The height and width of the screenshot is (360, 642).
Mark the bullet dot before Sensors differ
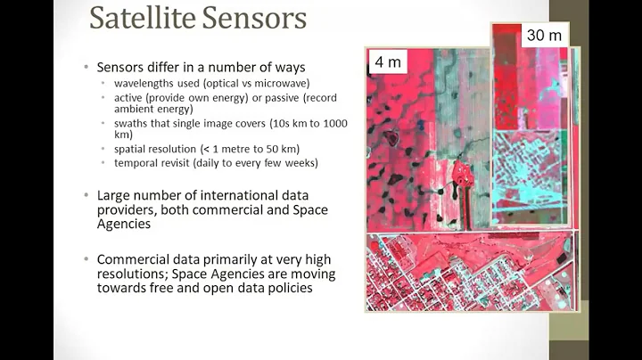pyautogui.click(x=86, y=68)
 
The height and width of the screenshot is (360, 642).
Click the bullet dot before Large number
pyautogui.click(x=86, y=194)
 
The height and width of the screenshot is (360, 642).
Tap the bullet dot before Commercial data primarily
pyautogui.click(x=86, y=259)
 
